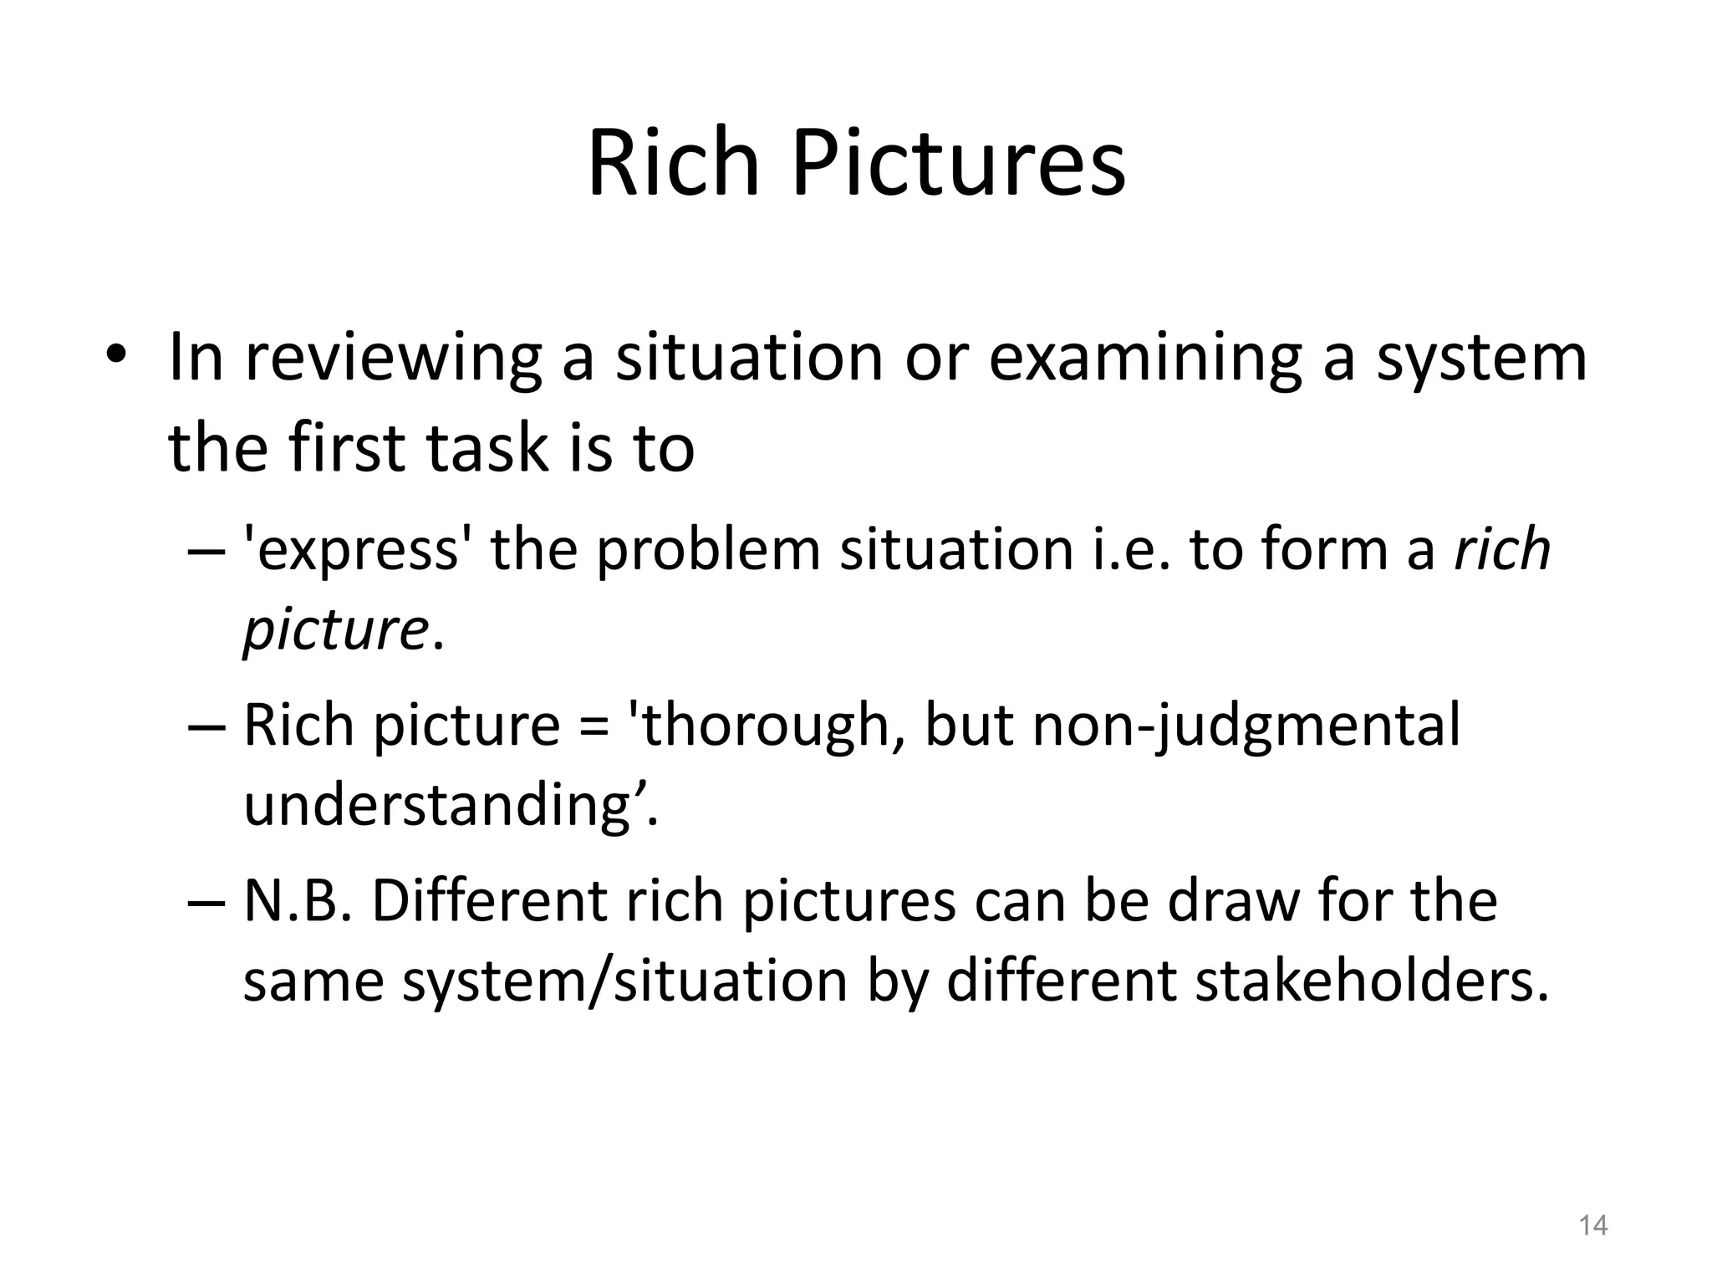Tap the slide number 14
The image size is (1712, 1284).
click(x=1592, y=1225)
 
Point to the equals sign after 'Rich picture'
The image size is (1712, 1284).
click(x=593, y=726)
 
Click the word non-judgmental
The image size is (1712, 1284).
click(x=1246, y=726)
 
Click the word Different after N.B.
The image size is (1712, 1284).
click(x=488, y=901)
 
